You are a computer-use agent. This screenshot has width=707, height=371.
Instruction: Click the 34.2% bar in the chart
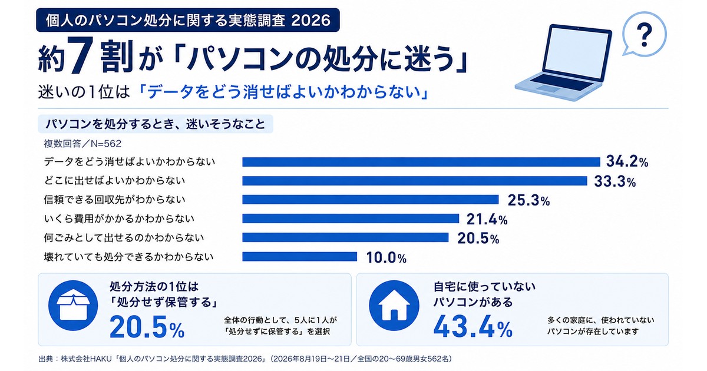(x=421, y=162)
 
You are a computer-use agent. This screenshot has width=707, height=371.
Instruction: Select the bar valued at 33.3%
(x=415, y=181)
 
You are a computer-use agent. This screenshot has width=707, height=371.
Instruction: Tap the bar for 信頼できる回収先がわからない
(x=371, y=200)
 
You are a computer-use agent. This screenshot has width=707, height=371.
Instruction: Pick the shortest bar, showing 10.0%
(x=299, y=257)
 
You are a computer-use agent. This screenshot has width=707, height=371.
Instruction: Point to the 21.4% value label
(x=487, y=219)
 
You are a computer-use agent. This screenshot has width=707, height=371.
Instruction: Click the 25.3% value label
(x=528, y=200)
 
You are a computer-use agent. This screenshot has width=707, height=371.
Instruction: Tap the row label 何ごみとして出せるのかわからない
(x=124, y=237)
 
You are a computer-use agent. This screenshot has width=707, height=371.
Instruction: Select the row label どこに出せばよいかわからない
(x=114, y=180)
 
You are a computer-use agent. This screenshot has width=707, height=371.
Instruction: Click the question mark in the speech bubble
(x=645, y=34)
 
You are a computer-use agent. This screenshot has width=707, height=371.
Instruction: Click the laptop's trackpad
(x=547, y=88)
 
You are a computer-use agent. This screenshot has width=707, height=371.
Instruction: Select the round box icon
(x=73, y=306)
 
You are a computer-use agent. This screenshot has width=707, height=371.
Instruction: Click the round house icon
(x=394, y=306)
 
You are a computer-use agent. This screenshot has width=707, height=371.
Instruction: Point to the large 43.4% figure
(x=473, y=326)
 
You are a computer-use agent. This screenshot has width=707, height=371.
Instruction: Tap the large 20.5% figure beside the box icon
(x=147, y=327)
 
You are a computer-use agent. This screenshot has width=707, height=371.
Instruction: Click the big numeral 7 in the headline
(x=81, y=55)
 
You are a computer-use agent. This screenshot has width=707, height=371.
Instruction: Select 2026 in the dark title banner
(x=311, y=21)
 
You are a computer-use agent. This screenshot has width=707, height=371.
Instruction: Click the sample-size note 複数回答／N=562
(x=82, y=144)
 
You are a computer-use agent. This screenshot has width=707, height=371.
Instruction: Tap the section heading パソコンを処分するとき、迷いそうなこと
(x=156, y=124)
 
